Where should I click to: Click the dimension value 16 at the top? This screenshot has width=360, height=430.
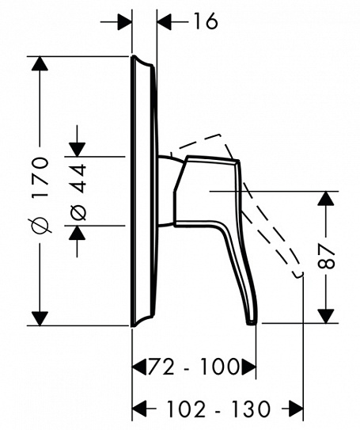click(x=204, y=22)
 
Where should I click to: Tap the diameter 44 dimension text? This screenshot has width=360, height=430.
click(x=78, y=191)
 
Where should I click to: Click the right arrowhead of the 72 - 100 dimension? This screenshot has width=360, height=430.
click(x=248, y=367)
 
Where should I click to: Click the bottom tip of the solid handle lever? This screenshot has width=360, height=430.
click(x=252, y=322)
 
